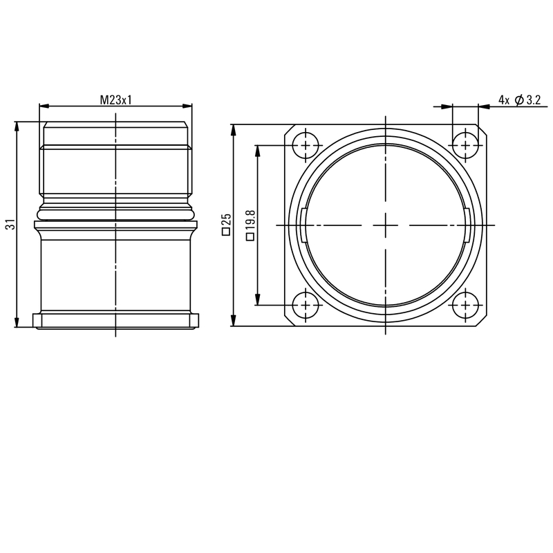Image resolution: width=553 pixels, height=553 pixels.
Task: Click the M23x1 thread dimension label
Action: tap(115, 100)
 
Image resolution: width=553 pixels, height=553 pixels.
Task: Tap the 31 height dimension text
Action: tap(10, 225)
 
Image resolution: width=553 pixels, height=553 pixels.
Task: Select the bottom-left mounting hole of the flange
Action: tap(304, 305)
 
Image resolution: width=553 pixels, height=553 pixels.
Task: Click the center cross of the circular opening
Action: tap(384, 225)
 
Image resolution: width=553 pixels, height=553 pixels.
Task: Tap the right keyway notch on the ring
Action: tap(467, 225)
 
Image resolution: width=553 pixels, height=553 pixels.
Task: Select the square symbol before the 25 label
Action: tap(225, 234)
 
